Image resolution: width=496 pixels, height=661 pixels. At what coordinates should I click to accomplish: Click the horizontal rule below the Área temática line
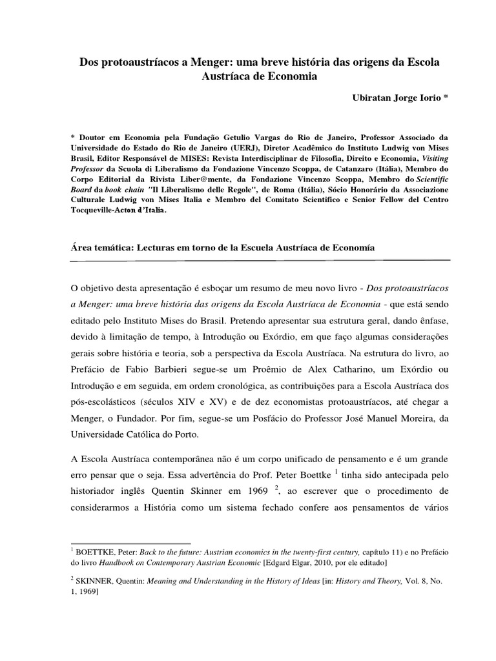pos(249,261)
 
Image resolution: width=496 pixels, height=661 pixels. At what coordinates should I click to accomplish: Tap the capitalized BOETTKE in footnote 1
pos(98,553)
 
